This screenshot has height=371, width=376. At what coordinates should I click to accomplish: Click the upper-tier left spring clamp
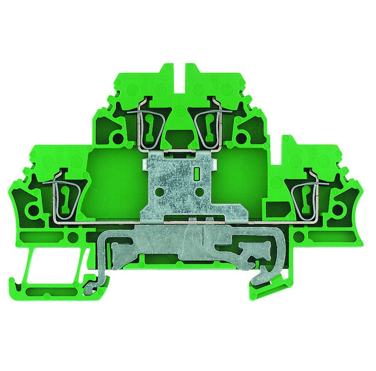150,125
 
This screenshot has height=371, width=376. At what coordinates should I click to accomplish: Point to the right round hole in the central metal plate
201,191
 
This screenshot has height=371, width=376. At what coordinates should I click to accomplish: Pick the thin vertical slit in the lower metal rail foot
203,237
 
